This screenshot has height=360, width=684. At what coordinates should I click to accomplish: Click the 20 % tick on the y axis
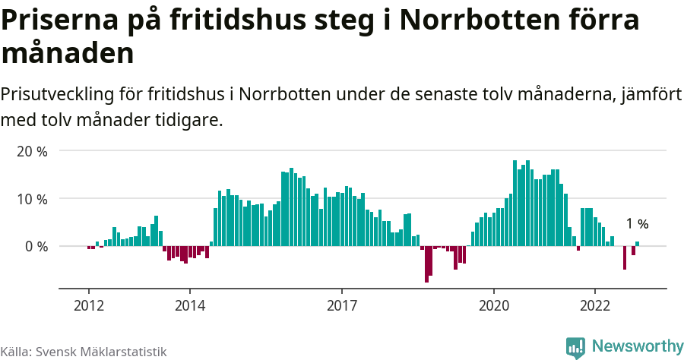coord(31,151)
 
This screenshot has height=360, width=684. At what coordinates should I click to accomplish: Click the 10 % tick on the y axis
coord(31,199)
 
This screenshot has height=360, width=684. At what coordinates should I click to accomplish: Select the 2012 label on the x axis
coord(89,305)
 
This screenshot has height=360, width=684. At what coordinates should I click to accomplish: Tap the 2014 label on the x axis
coord(190,305)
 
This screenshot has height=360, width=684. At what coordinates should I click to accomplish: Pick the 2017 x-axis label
coord(342,305)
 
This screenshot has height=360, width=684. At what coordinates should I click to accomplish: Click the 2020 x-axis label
coord(494,305)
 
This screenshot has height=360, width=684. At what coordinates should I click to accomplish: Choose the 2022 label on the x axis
coord(595,305)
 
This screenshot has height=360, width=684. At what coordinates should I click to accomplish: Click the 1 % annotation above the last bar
coord(637,224)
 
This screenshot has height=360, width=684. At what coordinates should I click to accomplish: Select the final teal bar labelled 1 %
coord(638,244)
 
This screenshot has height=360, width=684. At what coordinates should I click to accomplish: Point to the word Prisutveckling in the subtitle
coord(58,96)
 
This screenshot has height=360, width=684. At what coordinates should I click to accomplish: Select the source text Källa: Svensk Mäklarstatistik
coord(84,352)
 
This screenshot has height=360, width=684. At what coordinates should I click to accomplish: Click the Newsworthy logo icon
coord(575,347)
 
